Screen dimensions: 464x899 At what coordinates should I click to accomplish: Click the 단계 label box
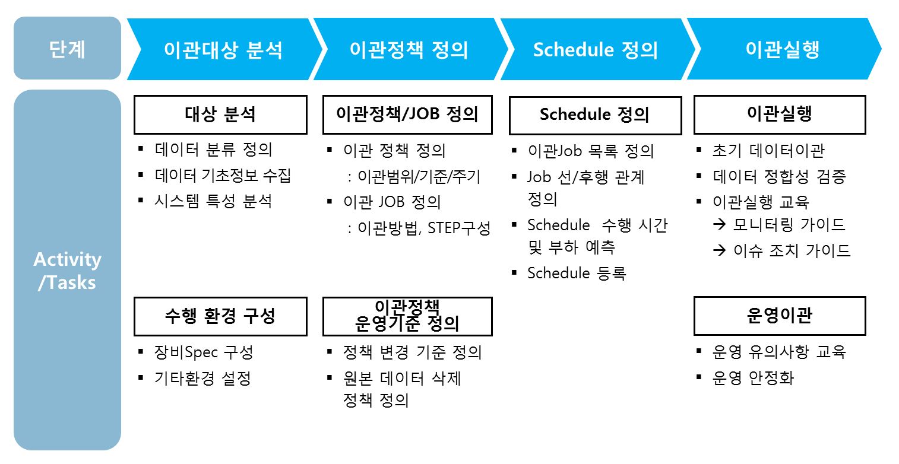[67, 49]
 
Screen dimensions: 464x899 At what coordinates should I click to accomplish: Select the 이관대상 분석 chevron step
[223, 50]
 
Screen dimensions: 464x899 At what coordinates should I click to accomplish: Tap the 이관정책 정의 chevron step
[409, 50]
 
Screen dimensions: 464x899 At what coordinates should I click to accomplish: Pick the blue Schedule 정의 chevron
[595, 50]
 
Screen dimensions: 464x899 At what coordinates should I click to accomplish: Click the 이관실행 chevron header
[782, 50]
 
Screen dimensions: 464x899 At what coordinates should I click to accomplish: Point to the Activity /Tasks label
[67, 271]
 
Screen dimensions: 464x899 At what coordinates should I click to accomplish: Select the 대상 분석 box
[220, 115]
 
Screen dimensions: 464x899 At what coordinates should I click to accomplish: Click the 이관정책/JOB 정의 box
[407, 115]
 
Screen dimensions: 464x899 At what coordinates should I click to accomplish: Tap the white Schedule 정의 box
[594, 115]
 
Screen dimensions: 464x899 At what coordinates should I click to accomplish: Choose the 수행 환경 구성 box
[220, 316]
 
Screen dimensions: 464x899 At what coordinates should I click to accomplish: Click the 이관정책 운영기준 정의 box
[407, 316]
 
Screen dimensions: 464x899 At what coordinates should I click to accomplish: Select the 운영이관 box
[779, 316]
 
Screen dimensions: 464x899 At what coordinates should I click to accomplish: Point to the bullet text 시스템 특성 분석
[213, 201]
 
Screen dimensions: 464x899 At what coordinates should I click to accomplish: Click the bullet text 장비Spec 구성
[204, 352]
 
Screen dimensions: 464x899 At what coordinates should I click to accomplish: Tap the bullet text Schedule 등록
[576, 274]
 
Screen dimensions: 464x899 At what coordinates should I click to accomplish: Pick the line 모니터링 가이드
[789, 225]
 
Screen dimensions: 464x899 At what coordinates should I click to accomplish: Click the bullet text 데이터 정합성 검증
[779, 176]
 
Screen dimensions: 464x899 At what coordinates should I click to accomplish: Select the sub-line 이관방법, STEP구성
[424, 228]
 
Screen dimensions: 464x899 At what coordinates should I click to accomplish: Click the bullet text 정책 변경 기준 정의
[411, 352]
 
